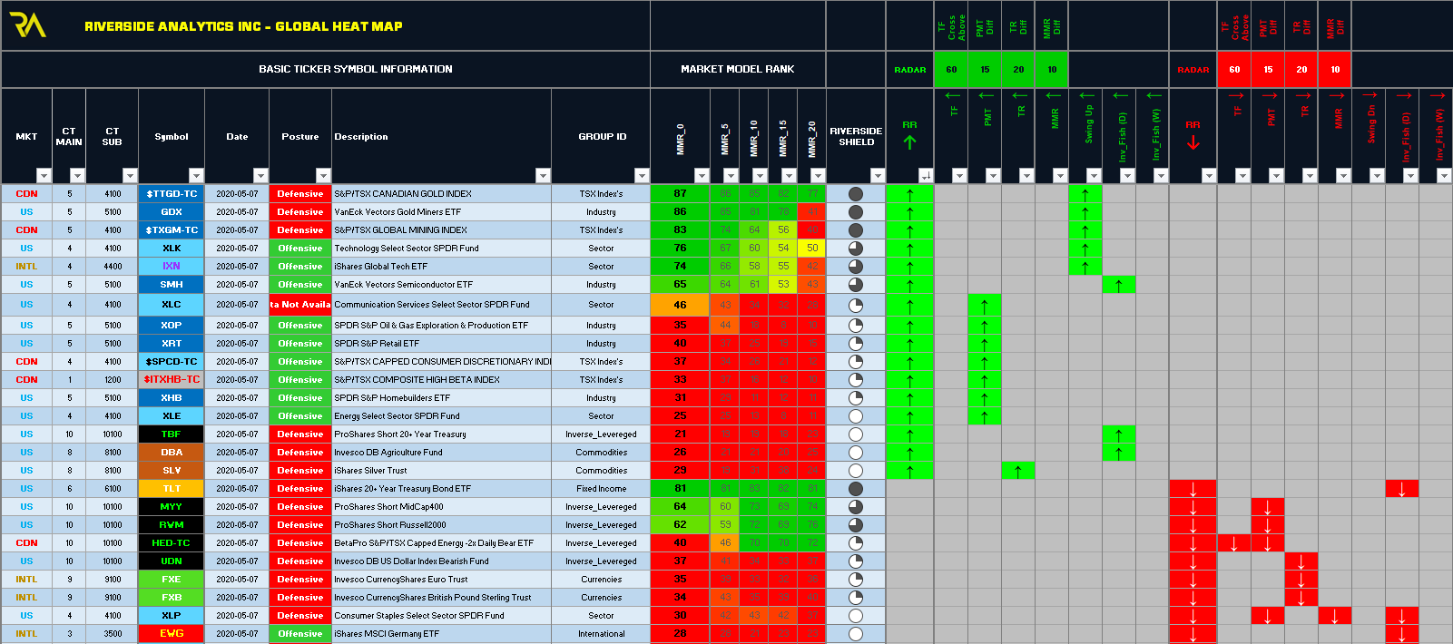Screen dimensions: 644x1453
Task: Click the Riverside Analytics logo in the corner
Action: pyautogui.click(x=27, y=25)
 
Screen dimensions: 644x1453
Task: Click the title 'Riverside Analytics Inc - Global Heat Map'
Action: pyautogui.click(x=243, y=26)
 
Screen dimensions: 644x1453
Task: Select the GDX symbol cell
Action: pyautogui.click(x=172, y=212)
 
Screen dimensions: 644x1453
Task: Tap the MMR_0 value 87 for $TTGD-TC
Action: pyautogui.click(x=680, y=194)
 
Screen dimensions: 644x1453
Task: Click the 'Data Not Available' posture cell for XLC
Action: pyautogui.click(x=300, y=305)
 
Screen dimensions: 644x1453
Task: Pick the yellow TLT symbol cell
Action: pyautogui.click(x=172, y=489)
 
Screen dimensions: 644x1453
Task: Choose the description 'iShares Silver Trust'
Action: pyautogui.click(x=370, y=471)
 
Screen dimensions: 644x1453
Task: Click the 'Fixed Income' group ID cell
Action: pyautogui.click(x=601, y=489)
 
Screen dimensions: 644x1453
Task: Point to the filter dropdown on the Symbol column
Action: pyautogui.click(x=196, y=176)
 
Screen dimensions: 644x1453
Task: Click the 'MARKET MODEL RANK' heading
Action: pyautogui.click(x=737, y=69)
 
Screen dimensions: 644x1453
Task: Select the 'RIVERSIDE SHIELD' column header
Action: pyautogui.click(x=856, y=136)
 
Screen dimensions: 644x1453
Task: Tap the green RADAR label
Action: pyautogui.click(x=909, y=70)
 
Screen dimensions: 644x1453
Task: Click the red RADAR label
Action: pyautogui.click(x=1193, y=70)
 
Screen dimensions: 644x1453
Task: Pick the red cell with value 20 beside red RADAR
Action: pyautogui.click(x=1301, y=70)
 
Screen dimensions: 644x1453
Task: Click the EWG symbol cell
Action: pyautogui.click(x=172, y=634)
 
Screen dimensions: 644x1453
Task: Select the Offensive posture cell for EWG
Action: pyautogui.click(x=300, y=634)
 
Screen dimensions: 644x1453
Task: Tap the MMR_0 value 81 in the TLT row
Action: pyautogui.click(x=680, y=489)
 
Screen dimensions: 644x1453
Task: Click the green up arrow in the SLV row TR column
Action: pyautogui.click(x=1018, y=471)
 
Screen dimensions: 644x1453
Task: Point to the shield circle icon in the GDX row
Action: pyautogui.click(x=855, y=212)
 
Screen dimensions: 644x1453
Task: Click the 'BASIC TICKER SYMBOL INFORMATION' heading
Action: pyautogui.click(x=355, y=69)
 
